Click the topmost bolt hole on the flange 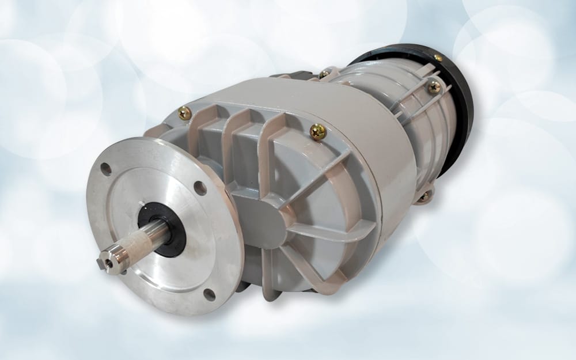tap(105, 169)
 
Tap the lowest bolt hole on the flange tap(209, 294)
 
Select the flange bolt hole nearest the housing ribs tap(200, 188)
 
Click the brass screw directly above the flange tap(184, 113)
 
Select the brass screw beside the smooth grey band tap(318, 132)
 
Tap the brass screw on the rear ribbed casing tap(434, 87)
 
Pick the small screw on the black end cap tap(438, 58)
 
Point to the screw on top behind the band tap(325, 74)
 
